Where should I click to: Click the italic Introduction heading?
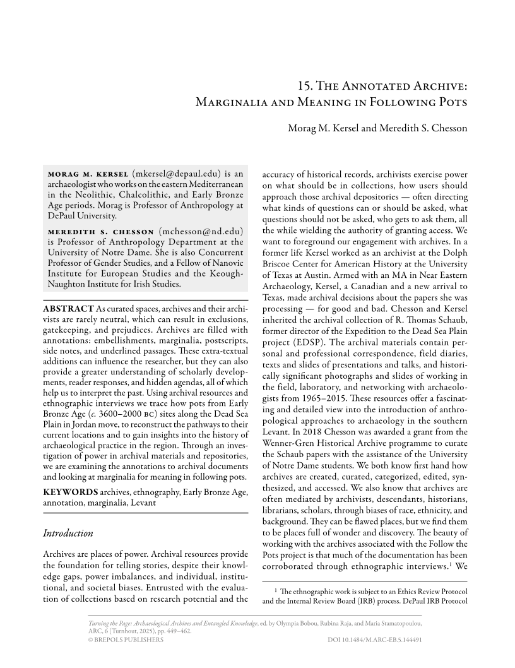(x=68, y=534)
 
